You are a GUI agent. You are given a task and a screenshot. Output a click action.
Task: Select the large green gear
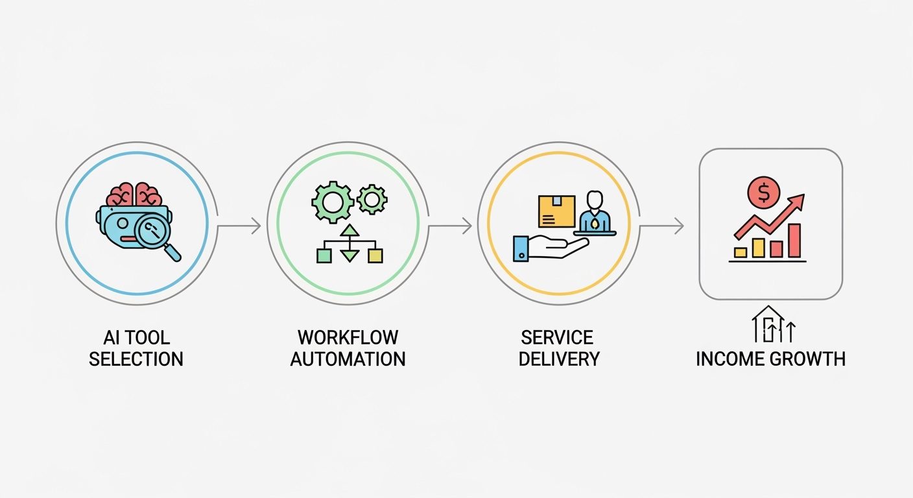[x=333, y=202]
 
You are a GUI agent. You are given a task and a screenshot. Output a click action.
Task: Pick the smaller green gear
[x=372, y=199]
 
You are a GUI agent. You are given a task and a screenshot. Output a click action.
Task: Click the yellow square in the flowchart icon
[x=375, y=255]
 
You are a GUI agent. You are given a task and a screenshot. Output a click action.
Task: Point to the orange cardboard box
[x=556, y=211]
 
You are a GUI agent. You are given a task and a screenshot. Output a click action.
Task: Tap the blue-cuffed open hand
[x=548, y=248]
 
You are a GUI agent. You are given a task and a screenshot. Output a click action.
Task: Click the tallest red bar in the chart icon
[x=794, y=240]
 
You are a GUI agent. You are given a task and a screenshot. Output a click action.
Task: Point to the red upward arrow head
[x=797, y=201]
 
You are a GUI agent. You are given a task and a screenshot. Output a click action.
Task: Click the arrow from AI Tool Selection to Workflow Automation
[x=239, y=226]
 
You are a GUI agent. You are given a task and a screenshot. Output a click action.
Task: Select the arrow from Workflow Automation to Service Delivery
[x=450, y=226]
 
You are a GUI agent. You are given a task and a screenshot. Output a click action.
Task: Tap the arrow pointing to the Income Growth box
[x=661, y=226]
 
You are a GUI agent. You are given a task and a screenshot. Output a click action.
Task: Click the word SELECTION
[x=136, y=359]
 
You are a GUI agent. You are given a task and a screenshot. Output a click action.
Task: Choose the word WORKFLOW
[x=348, y=338]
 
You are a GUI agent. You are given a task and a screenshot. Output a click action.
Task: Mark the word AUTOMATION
[x=348, y=359]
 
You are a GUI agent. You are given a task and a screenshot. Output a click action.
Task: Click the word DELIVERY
[x=559, y=359]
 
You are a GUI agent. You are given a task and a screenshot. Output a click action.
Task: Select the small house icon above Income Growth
[x=768, y=324]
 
